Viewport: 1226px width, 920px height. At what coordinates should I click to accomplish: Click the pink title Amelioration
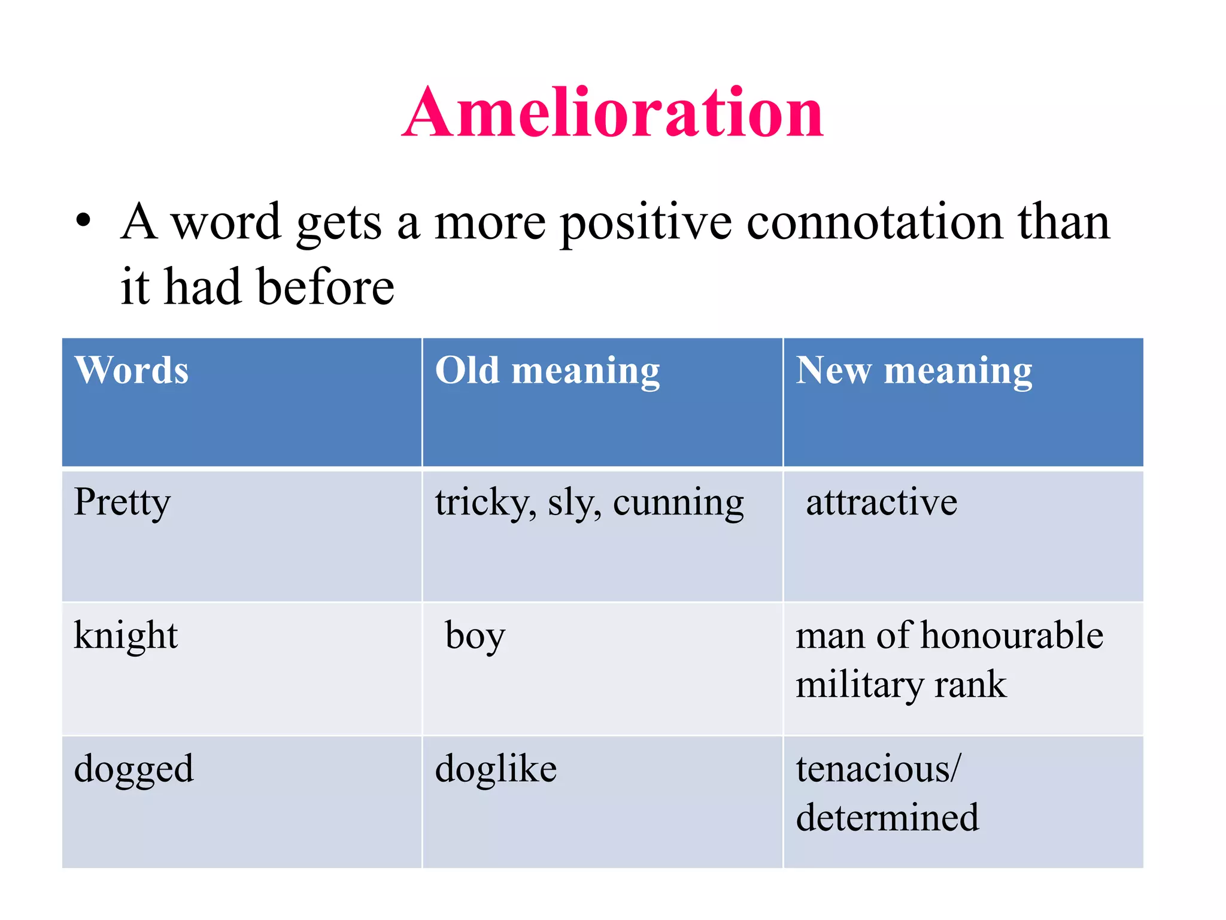pos(612,113)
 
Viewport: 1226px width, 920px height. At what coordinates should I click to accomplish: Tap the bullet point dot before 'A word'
pos(83,220)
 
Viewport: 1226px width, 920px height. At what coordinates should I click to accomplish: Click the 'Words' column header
pos(132,370)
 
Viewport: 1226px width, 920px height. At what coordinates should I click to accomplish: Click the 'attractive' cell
pos(881,502)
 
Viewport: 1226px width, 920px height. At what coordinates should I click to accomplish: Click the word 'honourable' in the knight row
pos(1012,635)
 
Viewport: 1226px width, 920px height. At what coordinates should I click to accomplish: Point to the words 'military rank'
pos(901,685)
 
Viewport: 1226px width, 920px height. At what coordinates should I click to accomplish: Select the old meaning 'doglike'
pos(496,769)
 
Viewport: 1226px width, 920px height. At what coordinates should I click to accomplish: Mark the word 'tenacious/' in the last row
pos(878,769)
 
